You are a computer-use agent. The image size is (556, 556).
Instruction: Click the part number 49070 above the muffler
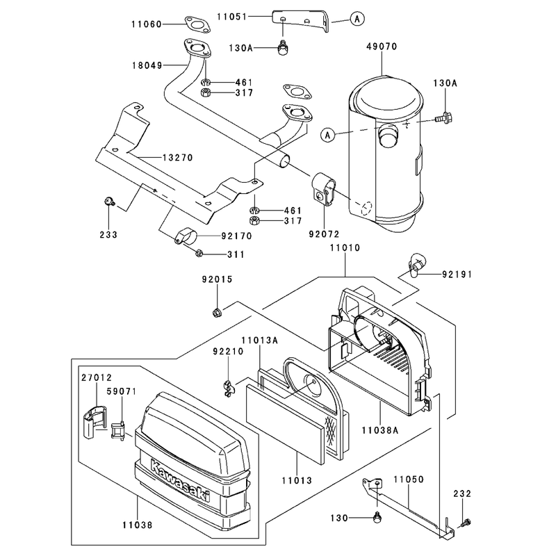pos(382,47)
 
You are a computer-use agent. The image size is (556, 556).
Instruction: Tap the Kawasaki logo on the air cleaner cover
pos(180,480)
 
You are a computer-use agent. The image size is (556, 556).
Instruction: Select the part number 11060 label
pos(147,24)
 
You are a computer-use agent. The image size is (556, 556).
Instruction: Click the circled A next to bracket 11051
pos(357,19)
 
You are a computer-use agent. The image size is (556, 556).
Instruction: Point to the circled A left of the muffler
pos(327,135)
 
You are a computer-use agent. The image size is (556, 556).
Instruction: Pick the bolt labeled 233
pos(109,202)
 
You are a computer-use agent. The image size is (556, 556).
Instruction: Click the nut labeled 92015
pos(217,312)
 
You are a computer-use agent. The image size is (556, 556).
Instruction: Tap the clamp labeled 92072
pos(324,188)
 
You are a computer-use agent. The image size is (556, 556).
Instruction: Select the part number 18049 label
pos(147,65)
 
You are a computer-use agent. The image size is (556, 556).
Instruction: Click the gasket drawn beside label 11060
pos(197,24)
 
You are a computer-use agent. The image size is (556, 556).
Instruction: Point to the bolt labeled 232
pos(466,523)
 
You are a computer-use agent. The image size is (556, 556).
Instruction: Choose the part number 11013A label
pos(259,341)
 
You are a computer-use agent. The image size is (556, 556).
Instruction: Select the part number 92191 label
pos(457,275)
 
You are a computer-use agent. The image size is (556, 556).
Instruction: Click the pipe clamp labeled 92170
pos(186,236)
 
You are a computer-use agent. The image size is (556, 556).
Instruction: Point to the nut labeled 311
pos(199,253)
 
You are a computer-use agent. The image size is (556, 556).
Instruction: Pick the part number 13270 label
pos(178,158)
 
